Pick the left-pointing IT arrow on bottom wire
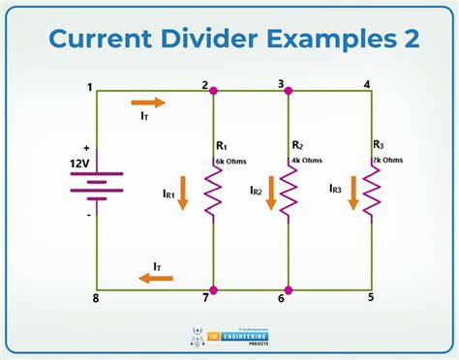(x=155, y=278)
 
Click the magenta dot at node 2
(x=213, y=90)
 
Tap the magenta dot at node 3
(x=289, y=90)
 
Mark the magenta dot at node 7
(x=213, y=289)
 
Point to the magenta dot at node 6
(x=289, y=289)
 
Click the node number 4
(x=367, y=84)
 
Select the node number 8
(x=95, y=298)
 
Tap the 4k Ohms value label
(x=307, y=160)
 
